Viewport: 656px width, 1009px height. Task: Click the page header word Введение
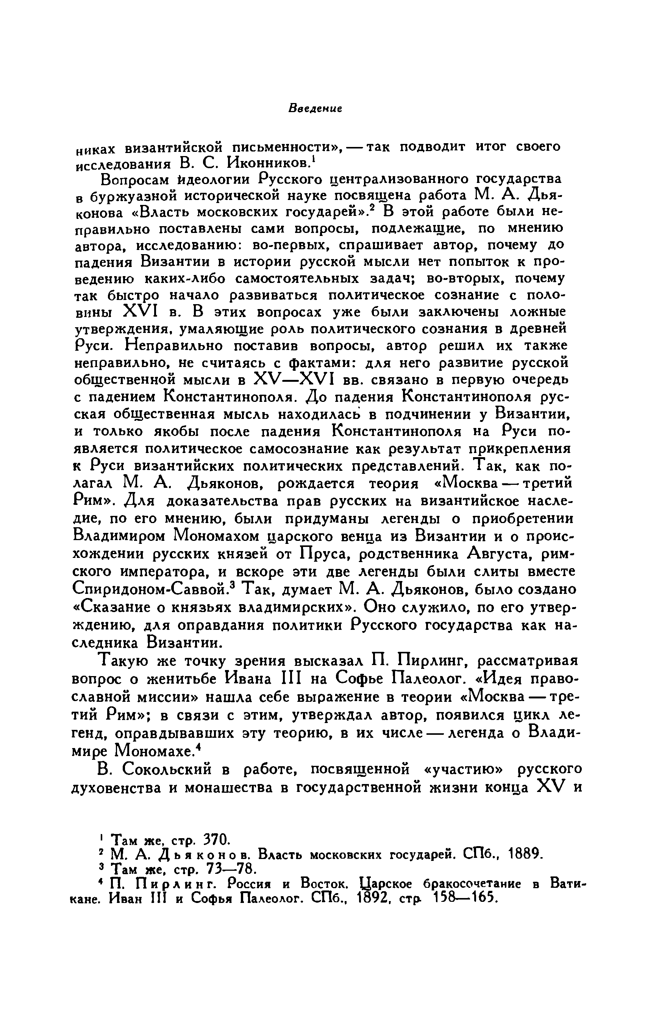[x=315, y=109]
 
